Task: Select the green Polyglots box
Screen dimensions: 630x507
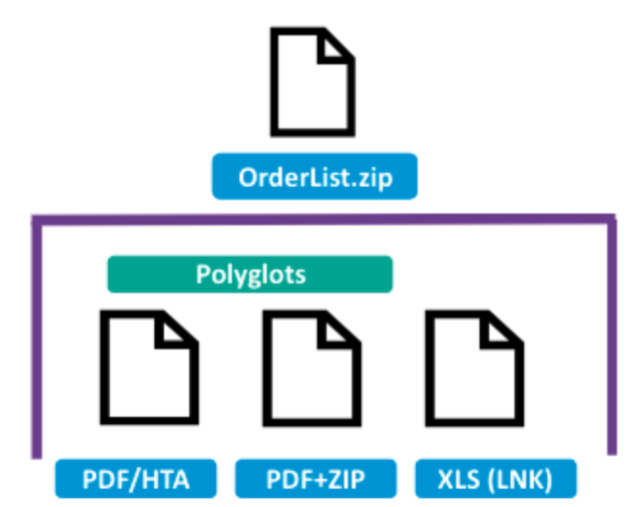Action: pyautogui.click(x=250, y=274)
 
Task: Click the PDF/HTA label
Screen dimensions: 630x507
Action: pyautogui.click(x=136, y=479)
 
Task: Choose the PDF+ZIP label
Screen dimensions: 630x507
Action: pyautogui.click(x=316, y=479)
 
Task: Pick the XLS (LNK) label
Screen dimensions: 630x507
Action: pyautogui.click(x=496, y=479)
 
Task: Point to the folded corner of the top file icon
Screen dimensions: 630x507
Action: pyautogui.click(x=334, y=47)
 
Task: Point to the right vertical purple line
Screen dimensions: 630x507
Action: pyautogui.click(x=612, y=336)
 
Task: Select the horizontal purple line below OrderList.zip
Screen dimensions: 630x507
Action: pyautogui.click(x=324, y=220)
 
